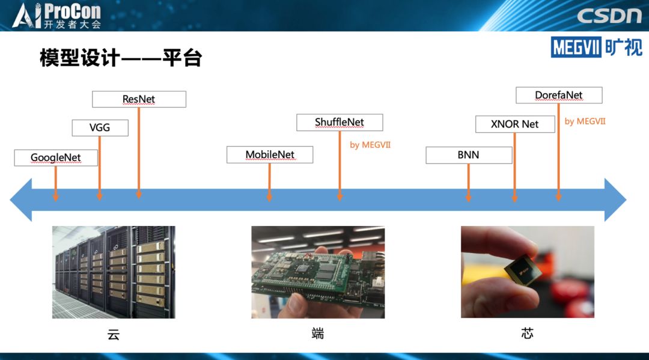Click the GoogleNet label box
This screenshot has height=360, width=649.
[56, 158]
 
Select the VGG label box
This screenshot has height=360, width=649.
[100, 128]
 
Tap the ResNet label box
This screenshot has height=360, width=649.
[139, 99]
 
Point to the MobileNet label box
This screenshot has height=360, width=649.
[270, 154]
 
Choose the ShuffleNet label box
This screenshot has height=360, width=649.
[340, 123]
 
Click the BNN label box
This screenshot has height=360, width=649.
[469, 155]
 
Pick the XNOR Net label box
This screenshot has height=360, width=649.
[515, 124]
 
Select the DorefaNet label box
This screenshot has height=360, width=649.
[559, 95]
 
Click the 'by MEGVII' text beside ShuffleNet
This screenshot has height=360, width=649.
[370, 145]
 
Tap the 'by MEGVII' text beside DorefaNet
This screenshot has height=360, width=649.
[585, 121]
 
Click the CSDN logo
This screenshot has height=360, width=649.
[609, 15]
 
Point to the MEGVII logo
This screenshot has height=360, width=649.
[596, 47]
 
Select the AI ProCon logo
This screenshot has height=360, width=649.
[56, 16]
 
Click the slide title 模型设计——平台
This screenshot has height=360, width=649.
[121, 58]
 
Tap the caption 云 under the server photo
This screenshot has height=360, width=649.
[114, 334]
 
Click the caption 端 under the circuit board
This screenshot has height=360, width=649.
[318, 333]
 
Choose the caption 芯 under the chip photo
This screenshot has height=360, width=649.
[527, 333]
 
